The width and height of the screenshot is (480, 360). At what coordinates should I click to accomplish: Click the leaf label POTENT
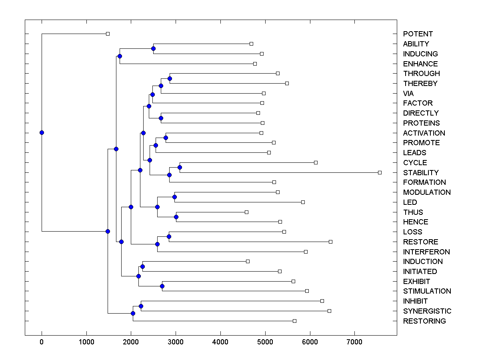(418, 34)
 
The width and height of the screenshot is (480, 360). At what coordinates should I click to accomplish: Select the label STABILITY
(421, 173)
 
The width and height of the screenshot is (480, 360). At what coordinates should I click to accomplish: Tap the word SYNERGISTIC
(427, 311)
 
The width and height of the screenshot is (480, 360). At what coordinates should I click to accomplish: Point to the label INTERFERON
(426, 252)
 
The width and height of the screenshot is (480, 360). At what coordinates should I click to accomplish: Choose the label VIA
(408, 94)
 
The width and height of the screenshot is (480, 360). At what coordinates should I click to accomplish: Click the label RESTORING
(424, 321)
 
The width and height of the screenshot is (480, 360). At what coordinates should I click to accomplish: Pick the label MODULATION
(427, 192)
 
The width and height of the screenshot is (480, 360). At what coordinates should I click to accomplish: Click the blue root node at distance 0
(42, 133)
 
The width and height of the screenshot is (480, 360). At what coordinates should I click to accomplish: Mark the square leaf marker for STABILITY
(380, 172)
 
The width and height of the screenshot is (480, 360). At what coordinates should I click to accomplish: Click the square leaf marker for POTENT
(108, 34)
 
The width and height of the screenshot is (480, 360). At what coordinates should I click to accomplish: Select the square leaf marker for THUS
(246, 212)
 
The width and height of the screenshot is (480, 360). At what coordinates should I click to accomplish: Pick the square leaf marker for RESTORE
(330, 242)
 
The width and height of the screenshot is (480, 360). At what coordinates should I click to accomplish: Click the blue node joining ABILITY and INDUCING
(153, 49)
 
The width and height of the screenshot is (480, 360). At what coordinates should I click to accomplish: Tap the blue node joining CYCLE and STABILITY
(180, 167)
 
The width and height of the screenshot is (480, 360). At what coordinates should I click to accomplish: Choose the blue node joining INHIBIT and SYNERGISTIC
(141, 306)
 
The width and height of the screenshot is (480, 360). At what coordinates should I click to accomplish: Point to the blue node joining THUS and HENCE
(176, 217)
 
